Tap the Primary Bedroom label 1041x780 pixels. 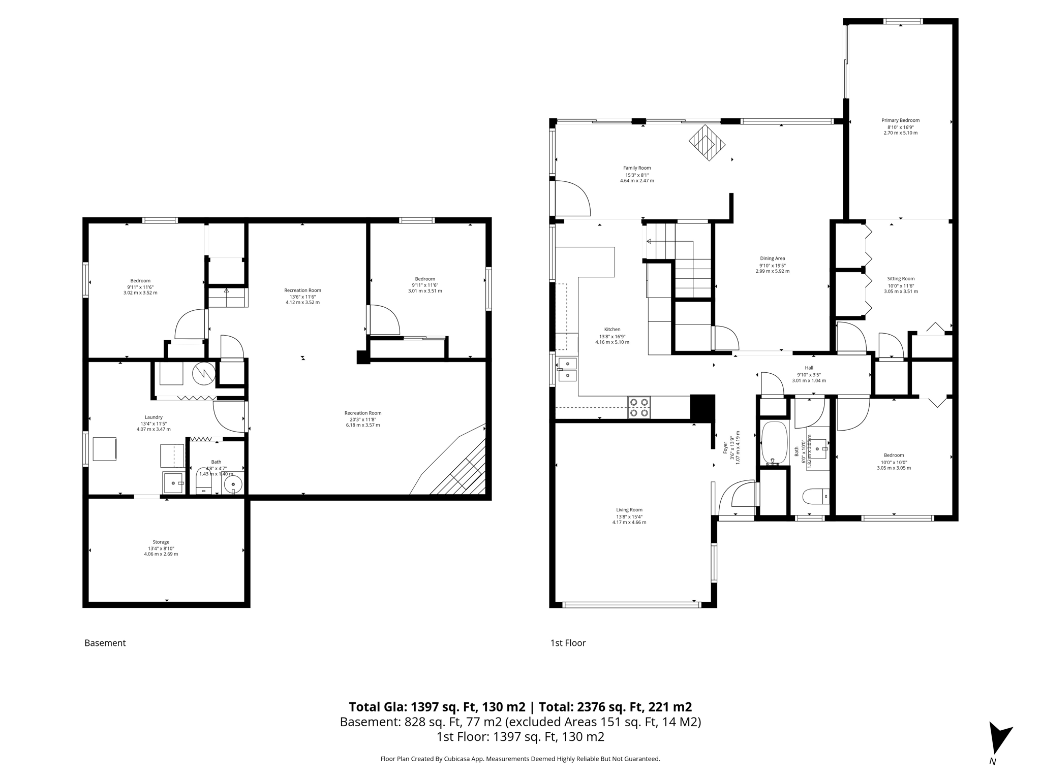[x=900, y=120]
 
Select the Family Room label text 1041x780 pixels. [x=637, y=168]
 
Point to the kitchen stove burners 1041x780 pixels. [x=639, y=407]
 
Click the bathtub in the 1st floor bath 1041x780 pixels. [x=774, y=443]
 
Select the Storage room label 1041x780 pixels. [x=161, y=542]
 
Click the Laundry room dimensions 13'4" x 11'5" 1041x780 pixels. [x=154, y=424]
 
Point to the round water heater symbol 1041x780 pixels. [x=203, y=373]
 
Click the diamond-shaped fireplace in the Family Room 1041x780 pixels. [x=707, y=143]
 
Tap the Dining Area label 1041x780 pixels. [x=772, y=258]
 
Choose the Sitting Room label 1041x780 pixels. [x=901, y=279]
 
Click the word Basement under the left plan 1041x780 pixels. [x=105, y=643]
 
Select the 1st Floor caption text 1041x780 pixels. [x=568, y=643]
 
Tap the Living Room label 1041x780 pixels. [x=629, y=510]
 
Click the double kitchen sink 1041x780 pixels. [x=567, y=369]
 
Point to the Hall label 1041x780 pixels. [x=809, y=368]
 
